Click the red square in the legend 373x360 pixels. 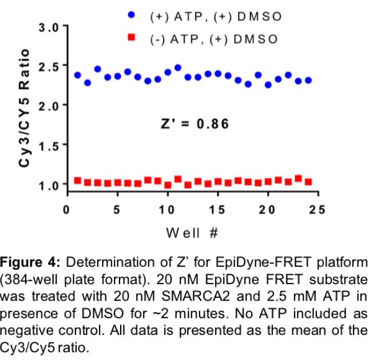click(x=133, y=38)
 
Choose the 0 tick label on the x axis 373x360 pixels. click(x=68, y=210)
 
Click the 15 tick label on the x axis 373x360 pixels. click(x=218, y=210)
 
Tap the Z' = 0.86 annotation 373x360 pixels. click(x=195, y=123)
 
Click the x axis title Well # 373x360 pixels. click(x=192, y=233)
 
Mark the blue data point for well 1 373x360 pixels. click(x=77, y=75)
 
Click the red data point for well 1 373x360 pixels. click(x=77, y=181)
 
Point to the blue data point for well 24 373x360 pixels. click(x=308, y=81)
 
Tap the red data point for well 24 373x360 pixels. click(x=308, y=182)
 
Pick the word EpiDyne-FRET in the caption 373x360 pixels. click(x=244, y=263)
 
